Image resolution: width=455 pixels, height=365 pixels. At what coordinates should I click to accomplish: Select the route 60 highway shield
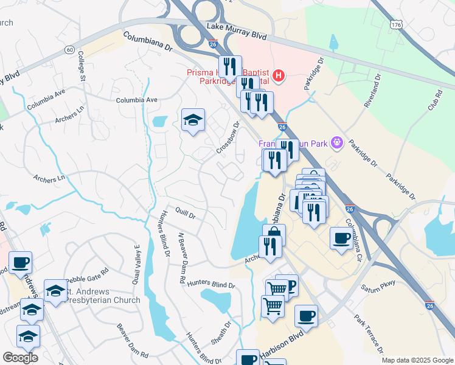71,49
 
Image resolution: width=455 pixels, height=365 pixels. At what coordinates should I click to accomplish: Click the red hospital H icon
279,75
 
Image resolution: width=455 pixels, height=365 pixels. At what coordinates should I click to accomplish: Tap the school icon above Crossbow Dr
193,120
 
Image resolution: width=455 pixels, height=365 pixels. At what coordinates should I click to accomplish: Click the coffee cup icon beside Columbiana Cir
341,237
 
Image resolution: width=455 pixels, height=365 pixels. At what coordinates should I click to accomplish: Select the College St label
81,66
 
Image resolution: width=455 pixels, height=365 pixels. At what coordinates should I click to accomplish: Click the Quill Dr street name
184,215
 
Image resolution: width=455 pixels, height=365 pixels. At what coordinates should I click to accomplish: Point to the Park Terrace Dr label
369,333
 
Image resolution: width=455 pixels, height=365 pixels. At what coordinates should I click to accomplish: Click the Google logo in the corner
21,357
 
